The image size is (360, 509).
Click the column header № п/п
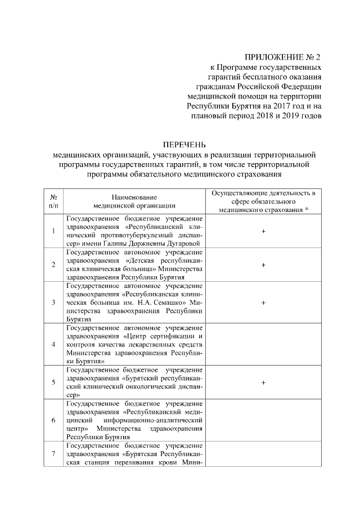click(x=53, y=201)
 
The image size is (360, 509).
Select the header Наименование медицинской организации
click(x=134, y=201)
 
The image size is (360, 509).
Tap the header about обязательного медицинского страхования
click(x=263, y=201)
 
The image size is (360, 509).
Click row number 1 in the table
click(x=53, y=231)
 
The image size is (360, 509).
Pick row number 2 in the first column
click(x=53, y=264)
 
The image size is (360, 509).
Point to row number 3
click(x=53, y=302)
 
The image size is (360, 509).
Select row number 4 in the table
click(x=53, y=344)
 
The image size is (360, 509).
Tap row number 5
click(x=53, y=382)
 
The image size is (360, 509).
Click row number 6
click(x=53, y=420)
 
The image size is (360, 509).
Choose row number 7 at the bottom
click(x=53, y=454)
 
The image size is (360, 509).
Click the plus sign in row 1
click(x=263, y=231)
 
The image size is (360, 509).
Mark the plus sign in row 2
click(x=263, y=264)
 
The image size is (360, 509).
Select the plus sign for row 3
click(x=263, y=302)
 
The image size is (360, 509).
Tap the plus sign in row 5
click(x=263, y=382)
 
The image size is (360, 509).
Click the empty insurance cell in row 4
click(x=263, y=344)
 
